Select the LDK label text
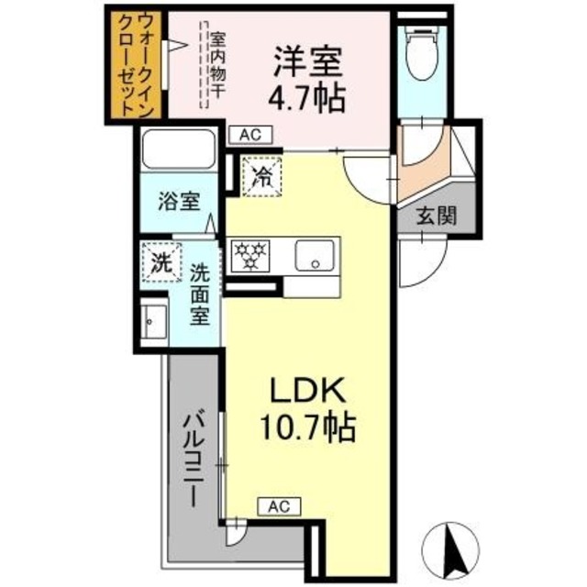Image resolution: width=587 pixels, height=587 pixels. click(x=306, y=392)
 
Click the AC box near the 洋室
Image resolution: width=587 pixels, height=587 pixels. click(x=250, y=135)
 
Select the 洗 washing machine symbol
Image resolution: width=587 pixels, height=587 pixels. click(x=161, y=260)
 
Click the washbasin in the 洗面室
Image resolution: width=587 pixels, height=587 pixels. click(x=154, y=320)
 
